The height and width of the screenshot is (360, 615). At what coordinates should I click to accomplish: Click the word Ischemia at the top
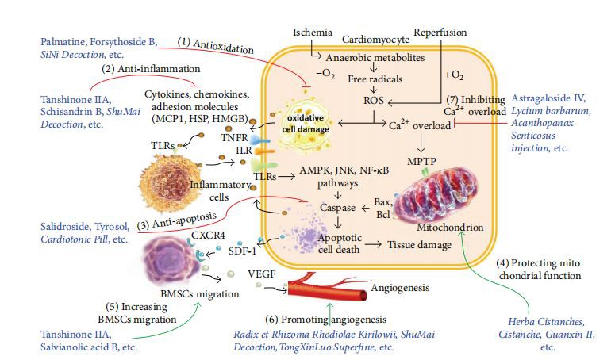click(312, 33)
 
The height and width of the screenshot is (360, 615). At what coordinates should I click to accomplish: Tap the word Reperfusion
click(440, 33)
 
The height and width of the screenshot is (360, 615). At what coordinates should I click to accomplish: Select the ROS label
click(374, 101)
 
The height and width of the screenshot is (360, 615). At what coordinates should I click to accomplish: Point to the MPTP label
click(421, 161)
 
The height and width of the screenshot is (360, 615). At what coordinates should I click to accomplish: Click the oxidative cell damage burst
click(306, 124)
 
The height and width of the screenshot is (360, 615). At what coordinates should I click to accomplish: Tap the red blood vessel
click(329, 289)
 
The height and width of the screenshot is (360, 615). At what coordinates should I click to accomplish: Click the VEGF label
click(262, 274)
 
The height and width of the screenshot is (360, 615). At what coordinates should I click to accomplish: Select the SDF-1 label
click(242, 251)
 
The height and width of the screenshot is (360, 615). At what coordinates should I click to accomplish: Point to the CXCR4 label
click(208, 236)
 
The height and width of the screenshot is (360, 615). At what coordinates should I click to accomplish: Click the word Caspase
click(338, 208)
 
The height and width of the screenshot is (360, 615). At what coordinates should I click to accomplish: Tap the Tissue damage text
click(419, 245)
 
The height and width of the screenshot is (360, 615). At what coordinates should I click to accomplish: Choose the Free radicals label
click(375, 79)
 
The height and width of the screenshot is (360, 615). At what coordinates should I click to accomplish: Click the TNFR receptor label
click(234, 138)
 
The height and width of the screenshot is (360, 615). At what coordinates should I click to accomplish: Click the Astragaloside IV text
click(548, 98)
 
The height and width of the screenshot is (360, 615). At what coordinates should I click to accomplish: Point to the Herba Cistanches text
click(547, 322)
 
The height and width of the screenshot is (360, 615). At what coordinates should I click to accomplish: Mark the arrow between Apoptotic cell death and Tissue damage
click(373, 244)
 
